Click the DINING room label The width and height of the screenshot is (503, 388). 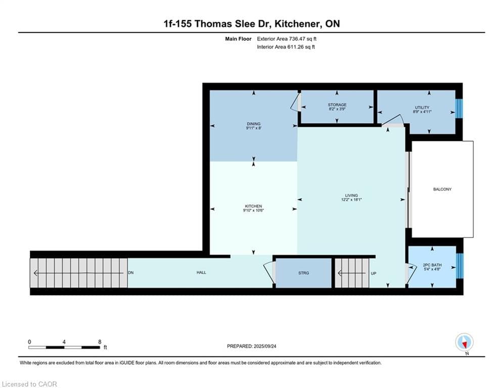tap(253, 124)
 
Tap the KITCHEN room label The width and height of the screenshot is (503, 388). tap(253, 206)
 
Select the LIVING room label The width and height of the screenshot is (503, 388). tap(351, 196)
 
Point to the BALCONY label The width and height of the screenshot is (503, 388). tap(442, 189)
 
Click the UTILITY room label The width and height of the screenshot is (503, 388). tap(422, 108)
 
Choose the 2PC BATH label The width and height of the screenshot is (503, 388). tap(432, 265)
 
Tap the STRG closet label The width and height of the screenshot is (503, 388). tap(303, 273)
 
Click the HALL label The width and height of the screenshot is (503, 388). tap(201, 272)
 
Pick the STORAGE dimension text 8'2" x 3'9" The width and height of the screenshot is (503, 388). tap(337, 109)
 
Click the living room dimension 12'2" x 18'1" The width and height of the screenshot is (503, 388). tap(351, 200)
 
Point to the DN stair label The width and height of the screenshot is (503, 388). tap(130, 273)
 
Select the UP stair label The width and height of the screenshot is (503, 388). tap(374, 273)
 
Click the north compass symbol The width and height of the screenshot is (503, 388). tap(464, 342)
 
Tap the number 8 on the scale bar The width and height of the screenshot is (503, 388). tap(100, 342)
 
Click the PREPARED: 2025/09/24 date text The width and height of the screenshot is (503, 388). tap(252, 346)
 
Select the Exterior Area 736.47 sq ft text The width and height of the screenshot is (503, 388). tap(287, 39)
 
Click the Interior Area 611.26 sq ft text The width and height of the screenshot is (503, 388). tap(286, 47)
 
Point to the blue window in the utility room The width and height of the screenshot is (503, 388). tap(459, 109)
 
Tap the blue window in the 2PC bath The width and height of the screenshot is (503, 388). tap(460, 266)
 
